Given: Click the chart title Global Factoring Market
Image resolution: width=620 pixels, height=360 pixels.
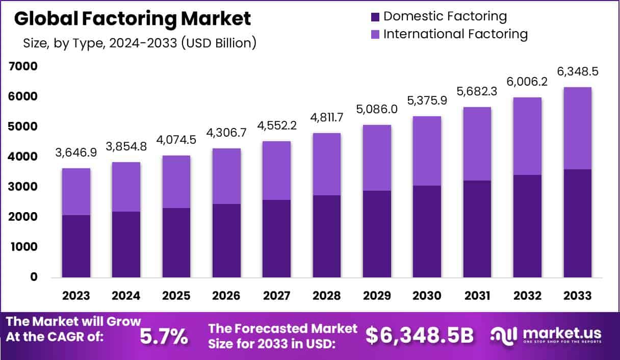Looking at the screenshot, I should click(133, 19).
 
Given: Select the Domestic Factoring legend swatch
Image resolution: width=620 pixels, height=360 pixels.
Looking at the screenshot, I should click(376, 16).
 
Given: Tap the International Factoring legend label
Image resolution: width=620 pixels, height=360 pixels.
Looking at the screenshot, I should click(455, 34).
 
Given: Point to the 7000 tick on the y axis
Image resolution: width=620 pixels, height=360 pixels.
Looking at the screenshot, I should click(22, 66).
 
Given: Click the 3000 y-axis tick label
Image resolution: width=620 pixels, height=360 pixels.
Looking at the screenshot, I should click(22, 187).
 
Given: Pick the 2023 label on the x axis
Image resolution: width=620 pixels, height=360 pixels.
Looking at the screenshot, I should click(76, 296).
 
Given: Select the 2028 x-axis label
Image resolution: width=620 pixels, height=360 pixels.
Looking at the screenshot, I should click(327, 296).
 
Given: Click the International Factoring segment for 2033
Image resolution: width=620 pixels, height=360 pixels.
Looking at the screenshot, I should click(578, 128).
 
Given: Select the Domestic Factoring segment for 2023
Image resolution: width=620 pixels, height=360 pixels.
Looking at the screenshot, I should click(76, 246).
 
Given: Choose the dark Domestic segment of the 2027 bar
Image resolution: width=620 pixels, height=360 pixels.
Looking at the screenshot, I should click(277, 239).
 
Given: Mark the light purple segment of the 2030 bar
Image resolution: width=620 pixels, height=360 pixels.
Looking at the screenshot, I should click(427, 151).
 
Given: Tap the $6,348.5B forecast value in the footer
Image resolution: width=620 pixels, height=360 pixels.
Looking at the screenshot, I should click(420, 336).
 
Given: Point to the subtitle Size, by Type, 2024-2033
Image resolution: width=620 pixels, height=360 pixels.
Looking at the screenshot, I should click(139, 43).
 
